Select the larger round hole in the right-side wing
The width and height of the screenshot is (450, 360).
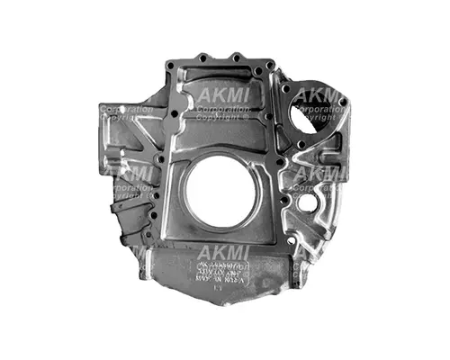point(308,203)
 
